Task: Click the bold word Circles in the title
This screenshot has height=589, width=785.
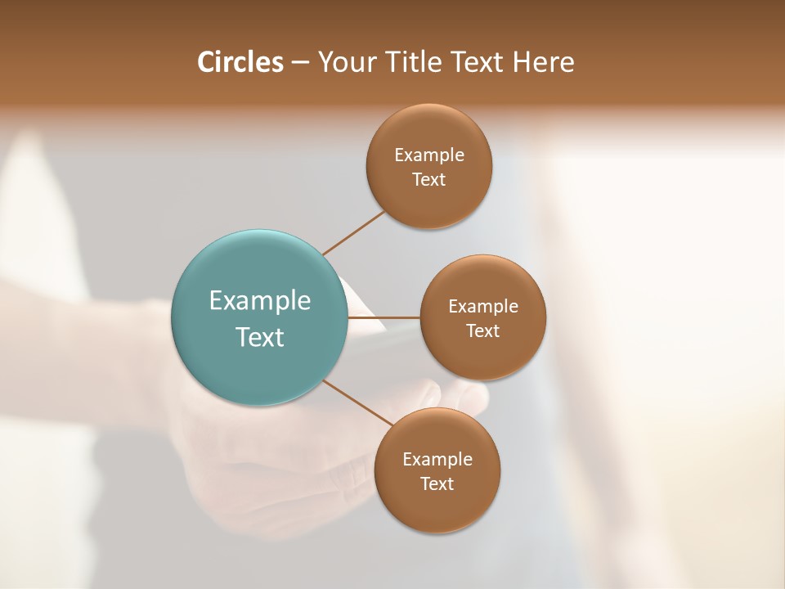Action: click(240, 62)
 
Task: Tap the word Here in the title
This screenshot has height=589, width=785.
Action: click(543, 62)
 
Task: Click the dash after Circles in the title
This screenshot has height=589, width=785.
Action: click(300, 63)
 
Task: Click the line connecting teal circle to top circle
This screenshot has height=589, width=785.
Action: click(353, 233)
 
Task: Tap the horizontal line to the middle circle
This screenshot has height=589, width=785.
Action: click(384, 317)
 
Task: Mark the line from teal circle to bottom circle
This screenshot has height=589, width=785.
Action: click(360, 403)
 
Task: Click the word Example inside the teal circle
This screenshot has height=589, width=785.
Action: click(260, 301)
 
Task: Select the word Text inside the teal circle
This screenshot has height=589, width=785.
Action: click(260, 337)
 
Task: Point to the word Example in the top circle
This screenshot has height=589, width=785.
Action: click(429, 155)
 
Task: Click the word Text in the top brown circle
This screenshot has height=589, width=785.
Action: click(429, 180)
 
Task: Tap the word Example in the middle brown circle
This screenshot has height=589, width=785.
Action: click(483, 306)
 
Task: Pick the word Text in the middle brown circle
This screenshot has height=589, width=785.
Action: click(483, 330)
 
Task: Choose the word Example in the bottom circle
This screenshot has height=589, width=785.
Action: click(437, 459)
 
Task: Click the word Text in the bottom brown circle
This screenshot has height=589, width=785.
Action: click(437, 483)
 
